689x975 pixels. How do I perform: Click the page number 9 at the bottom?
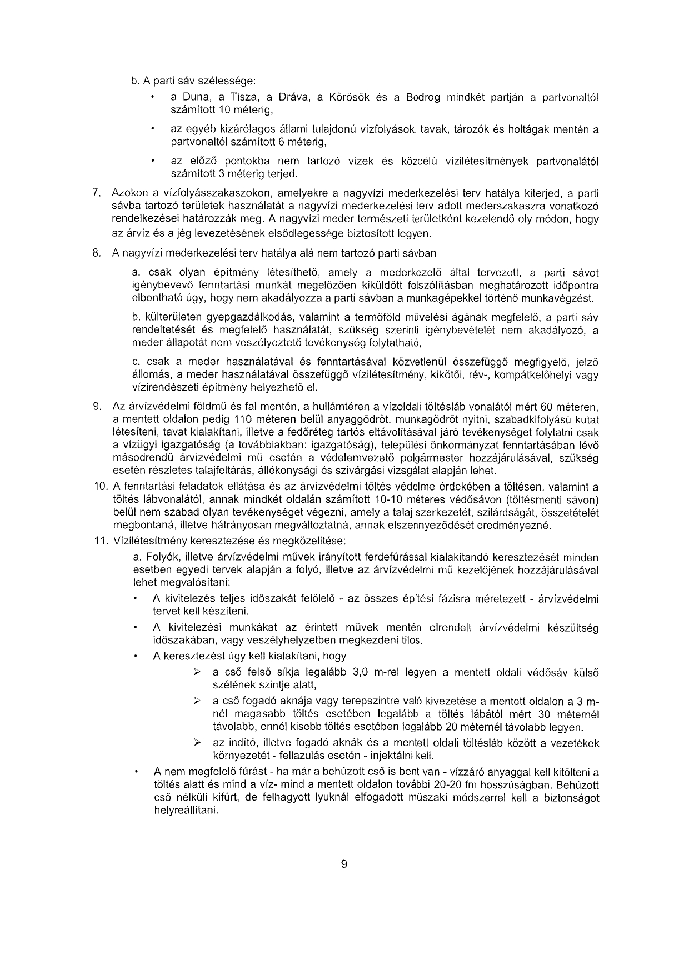[344, 864]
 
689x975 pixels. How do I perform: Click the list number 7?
[96, 193]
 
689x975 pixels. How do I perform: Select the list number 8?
[96, 253]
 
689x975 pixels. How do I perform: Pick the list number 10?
[99, 487]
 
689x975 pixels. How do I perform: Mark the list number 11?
[99, 540]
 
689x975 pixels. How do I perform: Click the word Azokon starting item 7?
[128, 193]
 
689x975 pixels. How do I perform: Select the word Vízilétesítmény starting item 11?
[145, 540]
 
